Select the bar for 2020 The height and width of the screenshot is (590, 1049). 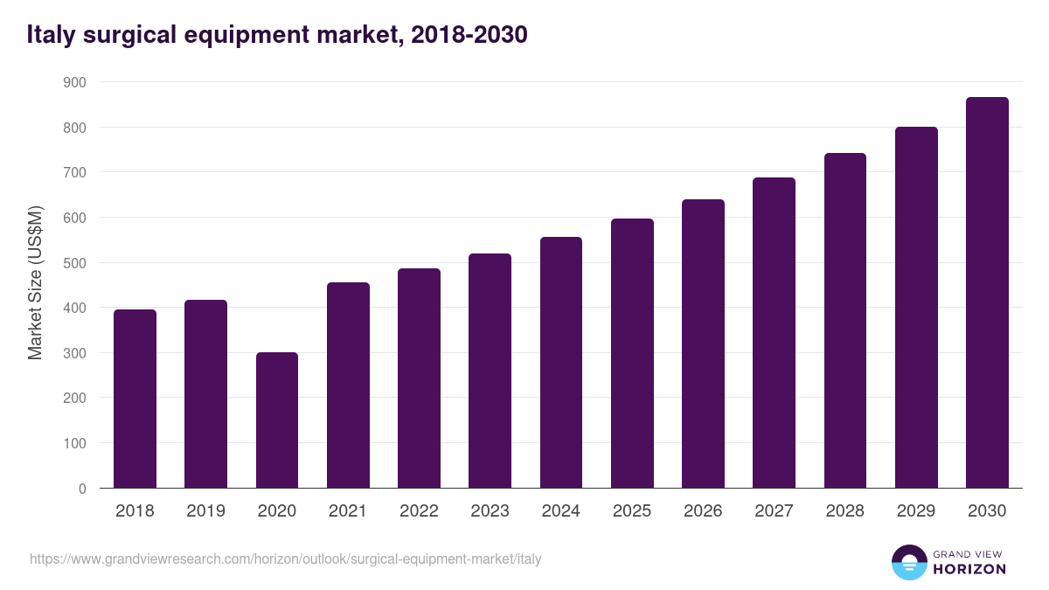coord(277,420)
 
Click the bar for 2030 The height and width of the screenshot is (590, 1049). coord(987,293)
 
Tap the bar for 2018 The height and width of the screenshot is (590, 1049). coord(135,399)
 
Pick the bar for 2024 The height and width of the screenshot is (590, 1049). coord(561,363)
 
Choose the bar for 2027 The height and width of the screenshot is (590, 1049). coord(774,333)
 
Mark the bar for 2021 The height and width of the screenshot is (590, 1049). coord(348,385)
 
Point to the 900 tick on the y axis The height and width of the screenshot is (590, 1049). coord(75,82)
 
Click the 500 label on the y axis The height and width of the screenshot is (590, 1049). coord(75,263)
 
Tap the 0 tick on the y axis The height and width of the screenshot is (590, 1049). coord(82,489)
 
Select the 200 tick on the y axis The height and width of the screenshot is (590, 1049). coord(75,399)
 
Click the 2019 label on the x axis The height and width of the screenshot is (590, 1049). coord(205,511)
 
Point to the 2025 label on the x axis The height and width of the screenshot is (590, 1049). coord(632,511)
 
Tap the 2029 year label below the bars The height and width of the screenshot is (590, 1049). coord(916,511)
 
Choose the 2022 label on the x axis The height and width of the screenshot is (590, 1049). coord(419,511)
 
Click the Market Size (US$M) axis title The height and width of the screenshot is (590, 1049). coord(35,283)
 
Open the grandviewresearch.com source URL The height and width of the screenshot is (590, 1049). coord(286,559)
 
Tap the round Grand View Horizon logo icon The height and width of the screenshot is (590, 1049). coord(908,562)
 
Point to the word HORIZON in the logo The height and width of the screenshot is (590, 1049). coord(969,569)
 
